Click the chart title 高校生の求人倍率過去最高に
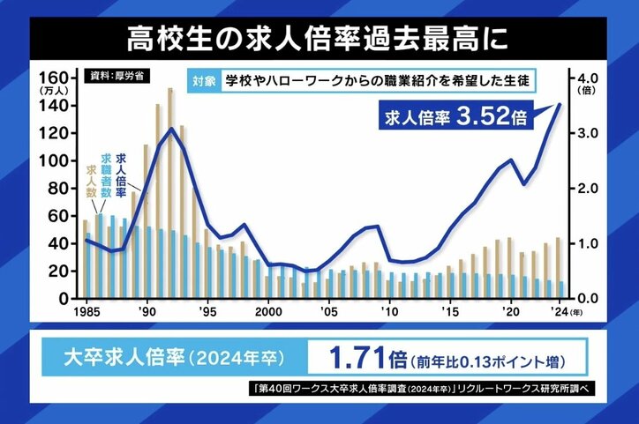(319, 39)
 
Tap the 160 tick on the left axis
(54, 77)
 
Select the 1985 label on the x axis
(85, 310)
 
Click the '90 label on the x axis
(147, 310)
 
